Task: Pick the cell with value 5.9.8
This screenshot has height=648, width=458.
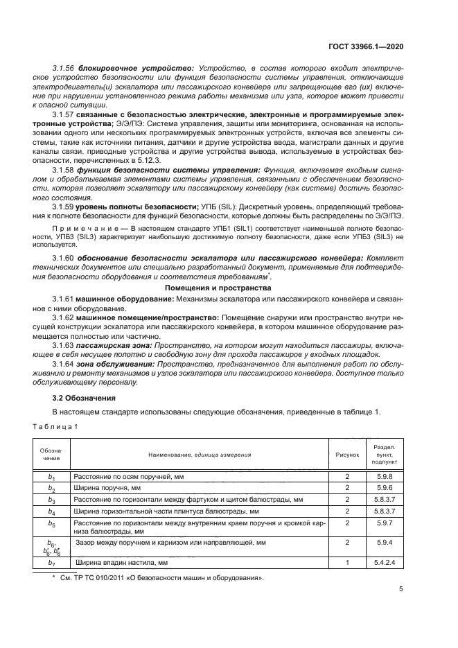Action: [385, 477]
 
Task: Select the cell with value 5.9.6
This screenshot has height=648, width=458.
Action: [385, 488]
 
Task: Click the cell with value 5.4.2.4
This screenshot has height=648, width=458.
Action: [385, 563]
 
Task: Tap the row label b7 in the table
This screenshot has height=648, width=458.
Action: [51, 563]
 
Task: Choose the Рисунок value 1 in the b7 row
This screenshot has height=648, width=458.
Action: [348, 563]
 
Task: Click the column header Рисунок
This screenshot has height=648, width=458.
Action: [348, 455]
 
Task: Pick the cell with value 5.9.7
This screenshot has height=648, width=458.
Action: [385, 525]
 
